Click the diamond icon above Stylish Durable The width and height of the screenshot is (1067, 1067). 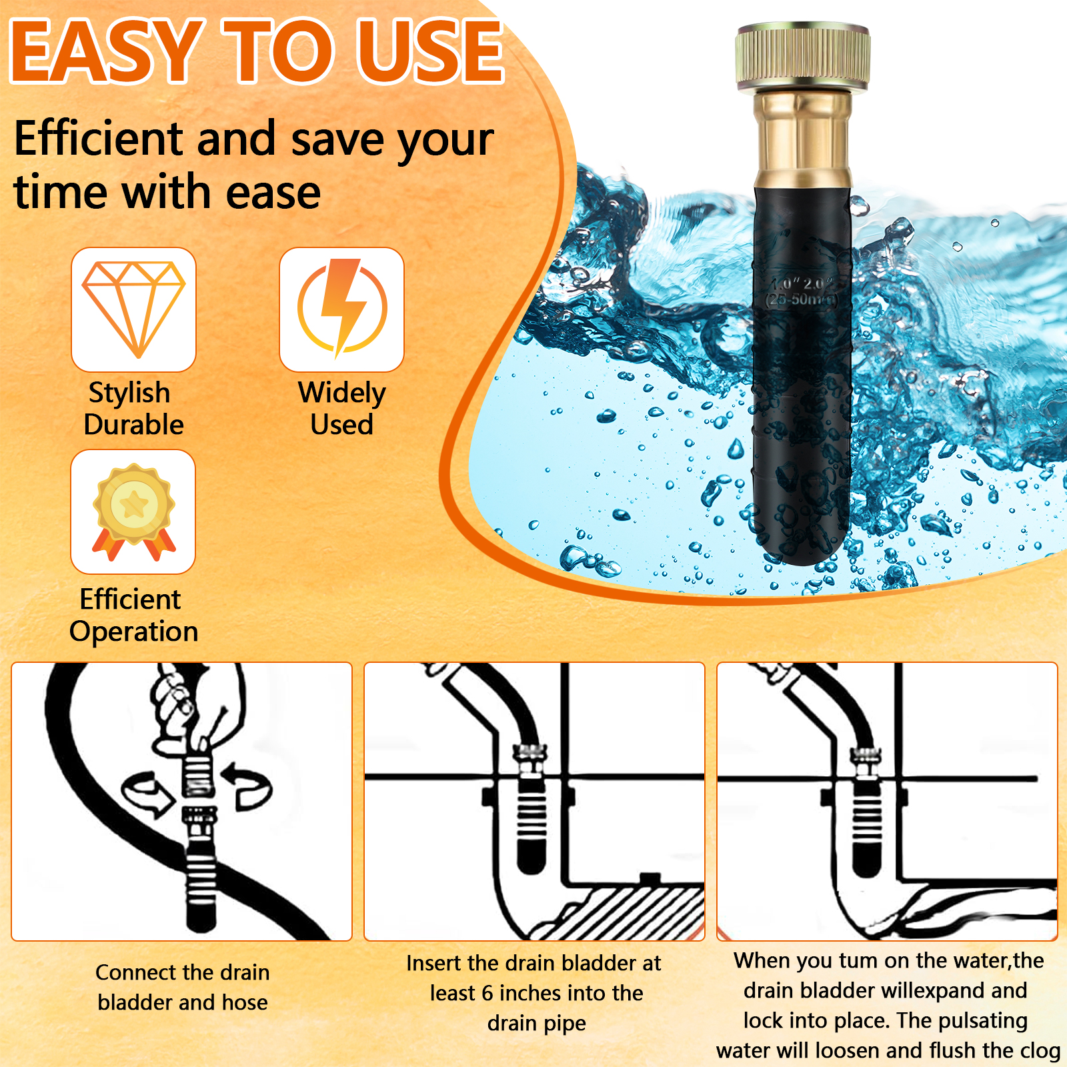coord(133,309)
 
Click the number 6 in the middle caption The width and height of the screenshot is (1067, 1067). coord(487,993)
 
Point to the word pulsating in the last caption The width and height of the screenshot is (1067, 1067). coord(982,1021)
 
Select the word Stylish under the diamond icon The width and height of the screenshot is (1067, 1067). coord(129,393)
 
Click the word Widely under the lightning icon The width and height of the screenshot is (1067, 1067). coord(342,393)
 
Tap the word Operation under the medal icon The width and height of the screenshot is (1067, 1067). coord(134,632)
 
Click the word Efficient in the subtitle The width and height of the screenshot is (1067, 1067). coord(99,139)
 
